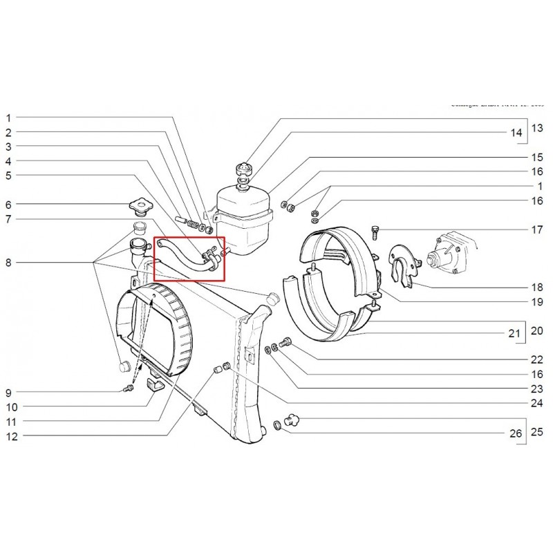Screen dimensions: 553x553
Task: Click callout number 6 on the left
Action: coord(9,205)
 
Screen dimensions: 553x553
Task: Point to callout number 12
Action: coord(11,436)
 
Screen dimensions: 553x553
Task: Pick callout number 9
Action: coord(9,393)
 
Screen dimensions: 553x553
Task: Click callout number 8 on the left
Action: coord(9,263)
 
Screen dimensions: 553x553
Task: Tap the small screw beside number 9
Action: coord(129,390)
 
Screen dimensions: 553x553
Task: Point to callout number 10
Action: coord(11,406)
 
